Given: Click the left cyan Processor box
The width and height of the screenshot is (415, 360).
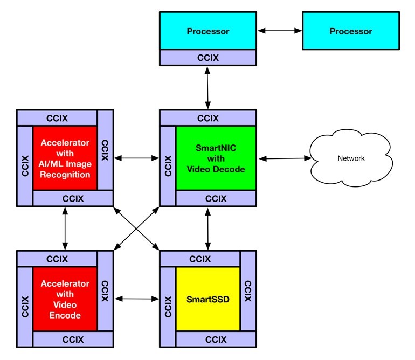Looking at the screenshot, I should point(207,31).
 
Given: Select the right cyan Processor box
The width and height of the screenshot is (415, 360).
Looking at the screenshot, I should point(351,31).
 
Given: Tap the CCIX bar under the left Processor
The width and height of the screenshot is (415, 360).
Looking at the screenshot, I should point(207,57).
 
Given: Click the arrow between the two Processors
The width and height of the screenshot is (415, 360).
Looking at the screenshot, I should point(279,31).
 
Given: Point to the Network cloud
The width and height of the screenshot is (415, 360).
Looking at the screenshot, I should point(350,158).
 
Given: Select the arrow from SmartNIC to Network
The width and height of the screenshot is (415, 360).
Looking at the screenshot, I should point(285,158).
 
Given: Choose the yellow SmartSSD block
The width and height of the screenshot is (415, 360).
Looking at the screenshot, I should point(208,299).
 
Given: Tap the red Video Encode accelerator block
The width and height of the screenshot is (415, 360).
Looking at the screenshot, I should point(65,299).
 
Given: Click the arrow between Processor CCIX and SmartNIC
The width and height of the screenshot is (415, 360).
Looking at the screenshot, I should point(207,87).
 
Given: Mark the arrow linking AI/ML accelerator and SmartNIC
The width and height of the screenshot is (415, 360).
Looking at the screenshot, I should point(136,158).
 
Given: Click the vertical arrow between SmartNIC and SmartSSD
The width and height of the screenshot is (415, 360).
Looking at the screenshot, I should point(207,229).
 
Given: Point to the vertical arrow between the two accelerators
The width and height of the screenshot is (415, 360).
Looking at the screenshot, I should point(65,229).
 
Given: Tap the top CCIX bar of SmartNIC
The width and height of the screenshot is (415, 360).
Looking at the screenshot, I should point(207,118).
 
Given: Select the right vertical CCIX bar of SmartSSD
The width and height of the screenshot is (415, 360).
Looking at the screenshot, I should point(247,291).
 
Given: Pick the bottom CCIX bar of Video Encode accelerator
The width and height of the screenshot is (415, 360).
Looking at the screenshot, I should point(73,339).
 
